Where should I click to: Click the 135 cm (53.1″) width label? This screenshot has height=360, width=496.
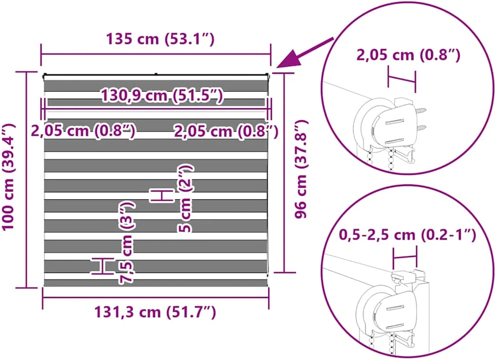click(x=160, y=39)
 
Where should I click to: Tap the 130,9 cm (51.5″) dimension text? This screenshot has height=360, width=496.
click(x=162, y=95)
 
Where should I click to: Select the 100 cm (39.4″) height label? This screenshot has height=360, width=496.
click(x=9, y=177)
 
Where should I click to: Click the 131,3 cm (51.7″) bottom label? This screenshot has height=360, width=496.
click(x=155, y=312)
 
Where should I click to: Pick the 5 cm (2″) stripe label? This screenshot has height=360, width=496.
click(x=185, y=199)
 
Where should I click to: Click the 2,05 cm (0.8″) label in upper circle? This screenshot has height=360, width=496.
click(x=408, y=55)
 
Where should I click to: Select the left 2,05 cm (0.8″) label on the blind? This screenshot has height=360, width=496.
click(x=83, y=131)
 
